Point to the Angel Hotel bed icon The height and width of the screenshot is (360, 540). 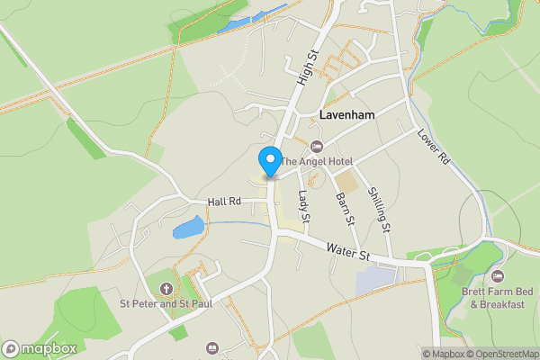[x=315, y=147]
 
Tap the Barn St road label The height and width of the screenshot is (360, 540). [x=342, y=209]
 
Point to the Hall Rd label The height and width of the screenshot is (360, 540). [x=224, y=202]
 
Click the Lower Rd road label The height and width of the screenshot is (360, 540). [x=433, y=147]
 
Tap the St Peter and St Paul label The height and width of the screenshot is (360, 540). [x=166, y=303]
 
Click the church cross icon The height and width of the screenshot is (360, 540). [x=166, y=289]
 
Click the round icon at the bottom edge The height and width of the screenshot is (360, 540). [x=212, y=347]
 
